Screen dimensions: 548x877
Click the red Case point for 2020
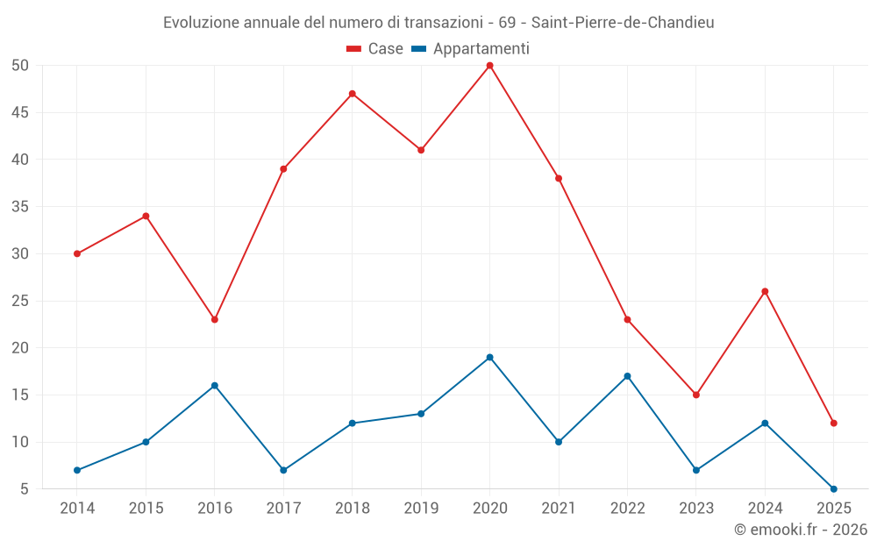click(489, 66)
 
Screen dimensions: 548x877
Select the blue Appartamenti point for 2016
click(215, 386)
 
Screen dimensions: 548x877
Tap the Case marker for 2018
click(352, 94)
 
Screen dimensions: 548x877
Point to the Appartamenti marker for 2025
click(833, 488)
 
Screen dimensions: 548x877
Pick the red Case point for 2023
click(695, 395)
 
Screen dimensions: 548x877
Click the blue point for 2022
click(627, 376)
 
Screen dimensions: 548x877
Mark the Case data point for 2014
click(77, 253)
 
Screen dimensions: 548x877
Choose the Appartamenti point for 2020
click(489, 357)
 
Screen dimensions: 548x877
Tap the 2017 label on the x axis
click(283, 509)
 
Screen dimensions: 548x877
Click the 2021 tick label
click(559, 509)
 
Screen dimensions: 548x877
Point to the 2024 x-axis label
click(765, 509)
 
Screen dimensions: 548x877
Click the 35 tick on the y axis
click(20, 207)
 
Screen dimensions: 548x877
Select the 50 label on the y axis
click(20, 66)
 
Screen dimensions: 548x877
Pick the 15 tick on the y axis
click(20, 395)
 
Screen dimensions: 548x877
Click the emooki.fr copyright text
click(801, 530)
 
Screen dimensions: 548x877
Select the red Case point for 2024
click(765, 291)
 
